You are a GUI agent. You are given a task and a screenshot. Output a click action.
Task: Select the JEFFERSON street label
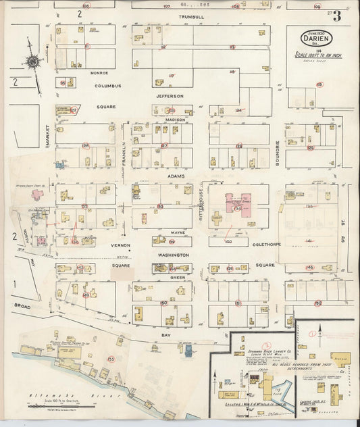pos(170,96)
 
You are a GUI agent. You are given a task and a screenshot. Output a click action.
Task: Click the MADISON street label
pos(175,120)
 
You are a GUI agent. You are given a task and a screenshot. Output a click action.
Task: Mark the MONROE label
pos(99,72)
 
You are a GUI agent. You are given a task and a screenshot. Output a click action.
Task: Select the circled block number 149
pos(86,295)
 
